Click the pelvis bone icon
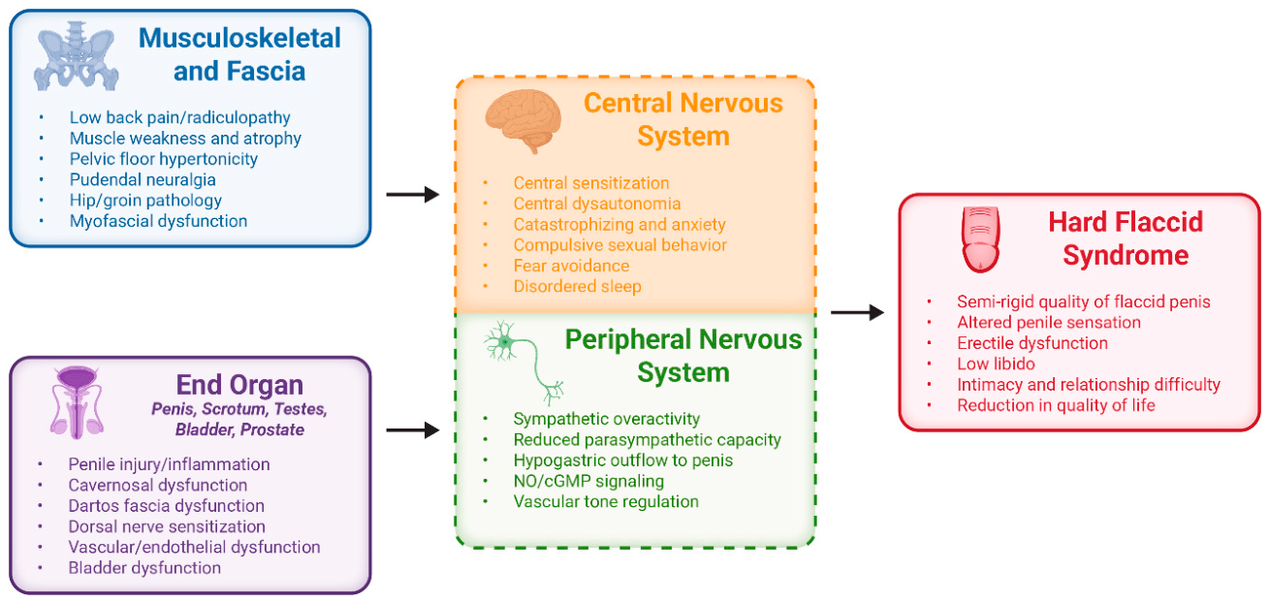point(76,56)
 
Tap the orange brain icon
point(523,121)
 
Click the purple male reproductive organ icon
point(77,402)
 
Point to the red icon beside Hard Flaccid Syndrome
point(981,239)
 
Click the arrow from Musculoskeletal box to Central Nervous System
point(412,195)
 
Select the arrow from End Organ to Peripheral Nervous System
point(412,430)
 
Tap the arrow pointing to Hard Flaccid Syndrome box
point(857,312)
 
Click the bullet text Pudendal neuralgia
point(143,179)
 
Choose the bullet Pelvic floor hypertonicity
point(164,159)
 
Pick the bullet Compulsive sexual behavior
point(619,245)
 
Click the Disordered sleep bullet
point(577,286)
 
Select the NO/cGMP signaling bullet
point(588,481)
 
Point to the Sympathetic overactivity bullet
point(607,419)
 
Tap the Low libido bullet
point(996,364)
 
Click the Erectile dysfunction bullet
point(1032,343)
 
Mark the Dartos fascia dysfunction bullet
point(167,505)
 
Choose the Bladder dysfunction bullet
point(144,568)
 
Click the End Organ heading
point(239,385)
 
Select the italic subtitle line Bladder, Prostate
point(239,429)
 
